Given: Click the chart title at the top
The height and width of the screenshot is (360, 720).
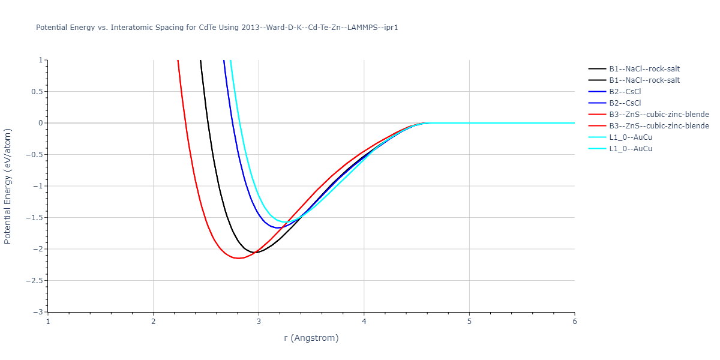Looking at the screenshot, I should pyautogui.click(x=217, y=28).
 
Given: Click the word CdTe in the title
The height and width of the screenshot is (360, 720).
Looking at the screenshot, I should pyautogui.click(x=208, y=28).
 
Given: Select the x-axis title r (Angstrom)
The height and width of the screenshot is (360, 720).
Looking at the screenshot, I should pyautogui.click(x=311, y=338).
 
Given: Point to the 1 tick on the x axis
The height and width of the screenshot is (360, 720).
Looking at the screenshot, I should pyautogui.click(x=48, y=322).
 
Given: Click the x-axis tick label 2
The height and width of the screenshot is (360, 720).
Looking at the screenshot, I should pyautogui.click(x=153, y=322).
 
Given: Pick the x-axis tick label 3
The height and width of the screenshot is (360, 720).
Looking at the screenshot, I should pyautogui.click(x=259, y=322).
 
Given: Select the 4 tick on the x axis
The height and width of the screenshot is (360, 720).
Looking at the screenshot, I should pyautogui.click(x=364, y=322).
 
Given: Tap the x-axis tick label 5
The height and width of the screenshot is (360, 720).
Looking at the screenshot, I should pyautogui.click(x=469, y=322).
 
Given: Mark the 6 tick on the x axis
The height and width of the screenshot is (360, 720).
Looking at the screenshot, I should pyautogui.click(x=574, y=322).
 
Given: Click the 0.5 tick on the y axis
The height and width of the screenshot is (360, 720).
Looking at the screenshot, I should pyautogui.click(x=37, y=92).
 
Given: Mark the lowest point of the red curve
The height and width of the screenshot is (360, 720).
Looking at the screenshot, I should pyautogui.click(x=239, y=258).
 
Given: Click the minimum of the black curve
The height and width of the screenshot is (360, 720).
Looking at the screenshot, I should pyautogui.click(x=256, y=253).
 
